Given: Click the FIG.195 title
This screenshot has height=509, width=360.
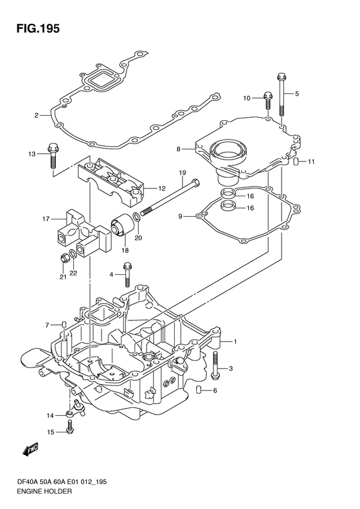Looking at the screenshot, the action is click(x=38, y=28).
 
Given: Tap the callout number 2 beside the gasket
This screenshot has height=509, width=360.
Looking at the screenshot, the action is click(x=37, y=115).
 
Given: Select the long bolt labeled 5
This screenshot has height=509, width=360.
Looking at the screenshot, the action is click(x=281, y=95).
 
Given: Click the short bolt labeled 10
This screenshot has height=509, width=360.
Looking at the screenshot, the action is click(x=268, y=100).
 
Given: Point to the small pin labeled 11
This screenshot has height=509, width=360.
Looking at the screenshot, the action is click(x=296, y=161).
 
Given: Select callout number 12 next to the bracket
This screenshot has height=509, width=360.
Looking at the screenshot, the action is click(x=162, y=189).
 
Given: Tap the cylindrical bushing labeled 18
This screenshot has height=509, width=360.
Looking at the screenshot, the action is click(x=122, y=226).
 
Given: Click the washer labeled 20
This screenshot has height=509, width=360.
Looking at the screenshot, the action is click(x=137, y=217).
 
